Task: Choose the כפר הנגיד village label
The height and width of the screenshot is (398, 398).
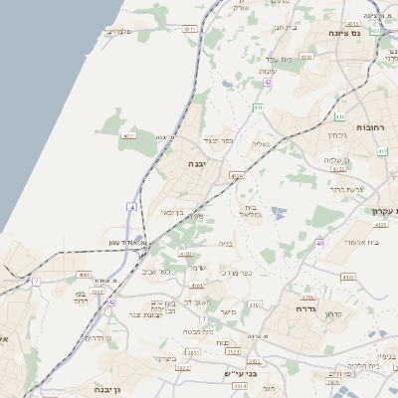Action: click(216, 140)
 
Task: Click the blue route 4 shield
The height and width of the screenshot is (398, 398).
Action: click(131, 206)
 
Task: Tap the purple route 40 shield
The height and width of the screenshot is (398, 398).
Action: click(319, 243)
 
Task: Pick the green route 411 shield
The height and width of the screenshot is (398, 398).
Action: click(258, 106)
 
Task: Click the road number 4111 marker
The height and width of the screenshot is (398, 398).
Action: click(127, 135)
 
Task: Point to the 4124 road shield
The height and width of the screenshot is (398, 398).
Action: click(236, 175)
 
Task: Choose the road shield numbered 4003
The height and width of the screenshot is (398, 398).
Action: click(84, 275)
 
